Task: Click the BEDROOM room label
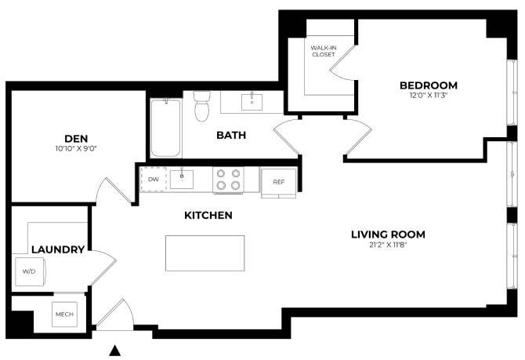point(428,85)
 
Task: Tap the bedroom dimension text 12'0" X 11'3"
point(428,96)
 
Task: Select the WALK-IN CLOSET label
point(323,51)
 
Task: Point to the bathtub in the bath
point(165,127)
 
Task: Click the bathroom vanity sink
point(252,101)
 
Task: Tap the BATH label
point(231,135)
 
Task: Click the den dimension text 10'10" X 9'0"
point(76,147)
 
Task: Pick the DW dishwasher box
point(154,179)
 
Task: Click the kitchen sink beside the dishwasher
point(182,179)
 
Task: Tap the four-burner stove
point(227,180)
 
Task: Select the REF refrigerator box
point(278,182)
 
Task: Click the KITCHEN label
point(208,215)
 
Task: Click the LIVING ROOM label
point(388,234)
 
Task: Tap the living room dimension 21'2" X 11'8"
point(388,245)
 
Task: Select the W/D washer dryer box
point(29,271)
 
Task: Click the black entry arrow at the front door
point(116,351)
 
